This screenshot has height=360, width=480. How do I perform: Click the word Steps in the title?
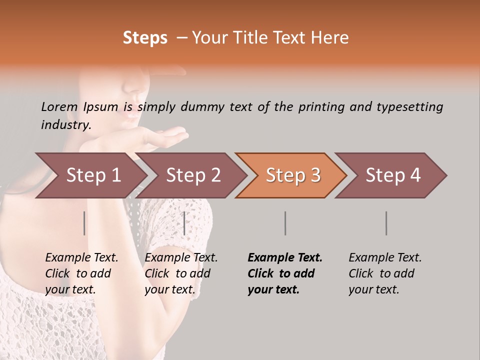(145, 38)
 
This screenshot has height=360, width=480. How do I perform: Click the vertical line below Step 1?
(84, 223)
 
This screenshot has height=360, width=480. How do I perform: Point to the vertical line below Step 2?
(184, 223)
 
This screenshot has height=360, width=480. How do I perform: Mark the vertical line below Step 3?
(285, 223)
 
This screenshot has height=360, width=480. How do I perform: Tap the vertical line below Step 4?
(386, 223)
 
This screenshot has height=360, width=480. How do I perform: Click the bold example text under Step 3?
(284, 273)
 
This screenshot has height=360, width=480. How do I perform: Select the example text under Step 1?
(81, 273)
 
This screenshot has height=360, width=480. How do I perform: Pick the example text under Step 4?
(384, 273)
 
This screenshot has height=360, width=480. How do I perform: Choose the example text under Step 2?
(181, 273)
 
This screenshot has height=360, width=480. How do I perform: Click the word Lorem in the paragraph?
(59, 106)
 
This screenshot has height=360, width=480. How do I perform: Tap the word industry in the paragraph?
(66, 124)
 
